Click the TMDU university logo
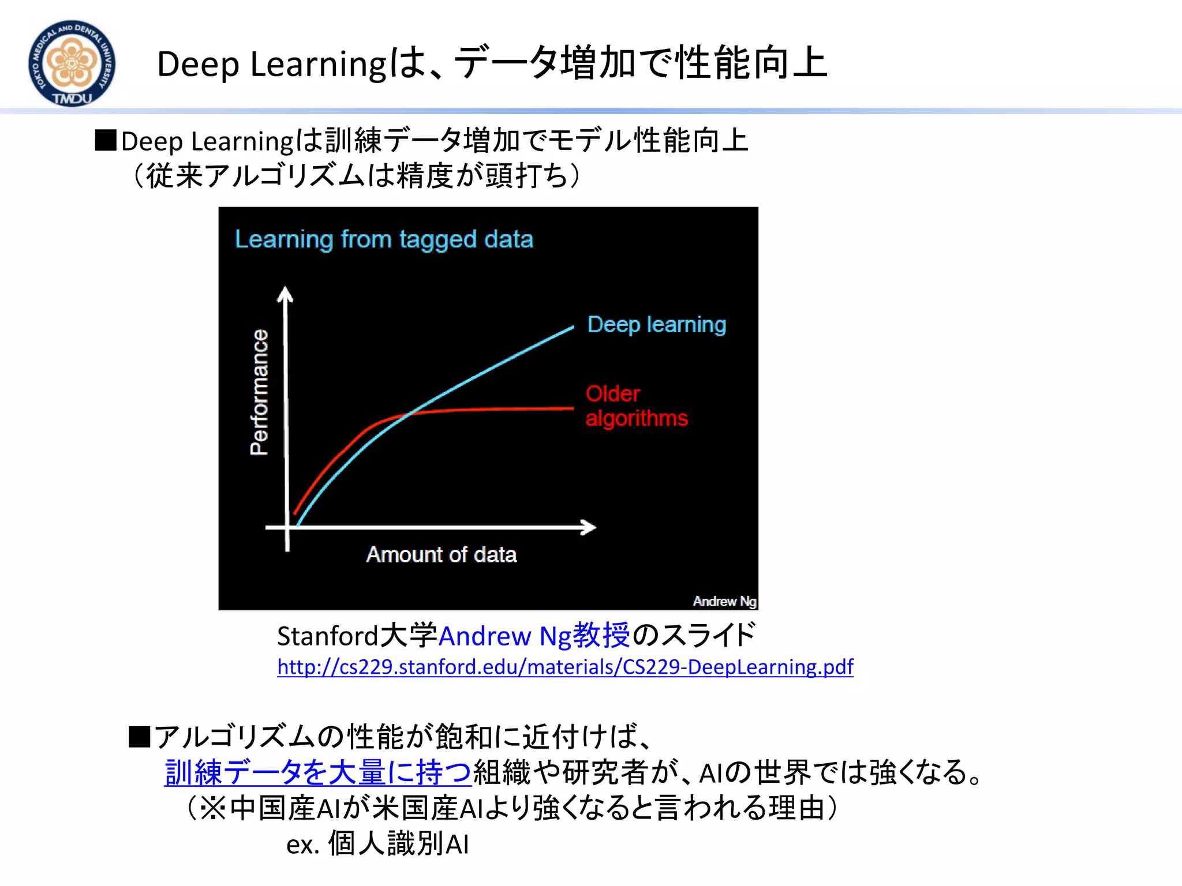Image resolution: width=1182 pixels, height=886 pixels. pos(72,63)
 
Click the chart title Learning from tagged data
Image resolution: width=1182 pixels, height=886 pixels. pos(384,239)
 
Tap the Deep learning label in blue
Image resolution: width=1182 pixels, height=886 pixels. pos(656,325)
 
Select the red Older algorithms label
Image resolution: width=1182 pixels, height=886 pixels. pos(636,406)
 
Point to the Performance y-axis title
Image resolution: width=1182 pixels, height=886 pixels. pos(259,392)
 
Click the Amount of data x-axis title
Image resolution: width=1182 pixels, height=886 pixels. pos(442,554)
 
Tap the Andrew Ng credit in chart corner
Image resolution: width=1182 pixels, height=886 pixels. pos(724,601)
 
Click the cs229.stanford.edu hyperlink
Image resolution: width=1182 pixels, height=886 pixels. pos(564,667)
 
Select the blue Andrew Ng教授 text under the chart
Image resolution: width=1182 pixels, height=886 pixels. pos(534,636)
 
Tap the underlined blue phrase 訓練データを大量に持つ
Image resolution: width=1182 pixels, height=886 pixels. pos(317,772)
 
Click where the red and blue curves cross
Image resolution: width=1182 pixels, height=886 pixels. pos(410,413)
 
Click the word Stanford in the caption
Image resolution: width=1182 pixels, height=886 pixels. pos(327,636)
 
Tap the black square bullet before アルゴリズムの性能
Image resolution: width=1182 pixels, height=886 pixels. pos(139,737)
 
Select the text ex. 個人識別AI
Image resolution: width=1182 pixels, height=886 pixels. pos(377,844)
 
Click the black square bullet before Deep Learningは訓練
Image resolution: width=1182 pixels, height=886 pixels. pos(106,140)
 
